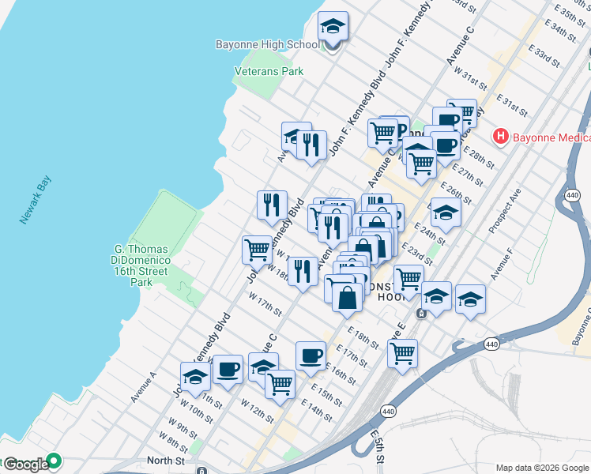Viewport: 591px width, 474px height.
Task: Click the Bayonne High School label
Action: click(266, 45)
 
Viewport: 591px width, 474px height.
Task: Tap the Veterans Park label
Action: click(269, 71)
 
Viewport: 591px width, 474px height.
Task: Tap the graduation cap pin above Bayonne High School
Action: click(333, 28)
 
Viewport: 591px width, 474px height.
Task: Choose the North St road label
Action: click(165, 461)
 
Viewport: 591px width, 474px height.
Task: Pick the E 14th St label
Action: click(316, 410)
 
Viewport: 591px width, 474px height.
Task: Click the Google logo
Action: click(25, 465)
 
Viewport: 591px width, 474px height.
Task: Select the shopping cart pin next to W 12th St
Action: click(280, 384)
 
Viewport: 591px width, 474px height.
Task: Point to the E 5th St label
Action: click(378, 446)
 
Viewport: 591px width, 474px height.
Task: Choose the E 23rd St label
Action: click(416, 254)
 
